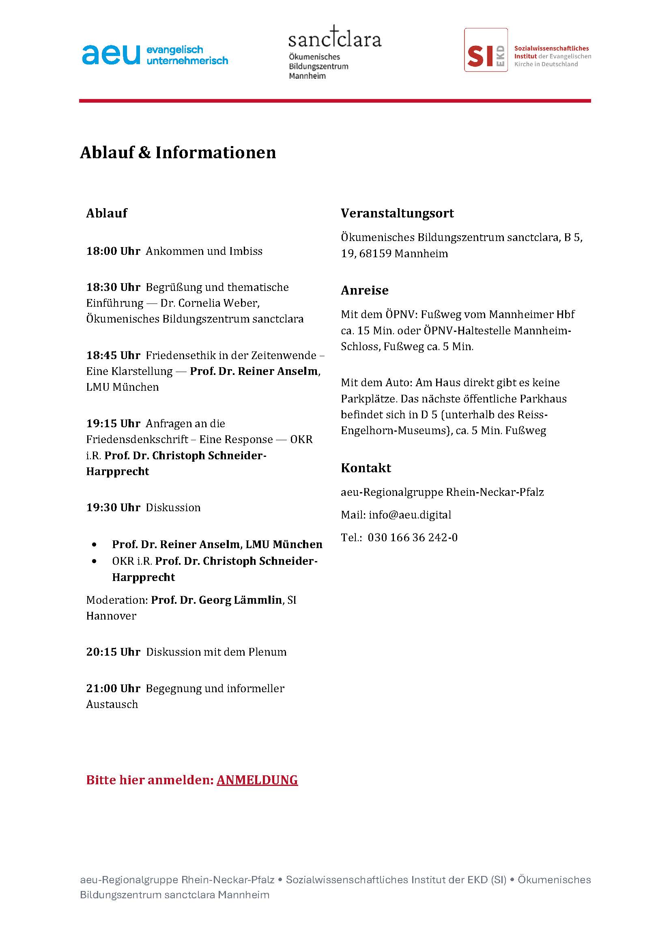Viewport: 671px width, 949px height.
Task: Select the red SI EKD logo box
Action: (486, 50)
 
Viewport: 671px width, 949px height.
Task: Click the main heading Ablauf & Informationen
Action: (178, 153)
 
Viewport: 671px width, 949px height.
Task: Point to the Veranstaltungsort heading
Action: (397, 213)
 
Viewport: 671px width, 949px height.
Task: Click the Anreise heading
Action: (364, 290)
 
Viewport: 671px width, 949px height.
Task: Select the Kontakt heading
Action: (366, 468)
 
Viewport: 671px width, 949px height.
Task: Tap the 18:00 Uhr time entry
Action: (113, 251)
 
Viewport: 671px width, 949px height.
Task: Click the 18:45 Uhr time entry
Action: (113, 355)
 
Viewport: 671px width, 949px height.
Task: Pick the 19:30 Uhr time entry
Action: (113, 508)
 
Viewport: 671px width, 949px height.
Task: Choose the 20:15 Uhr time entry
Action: (113, 652)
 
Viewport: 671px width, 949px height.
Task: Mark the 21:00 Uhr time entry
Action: (113, 689)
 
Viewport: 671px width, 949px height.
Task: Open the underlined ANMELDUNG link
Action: (257, 780)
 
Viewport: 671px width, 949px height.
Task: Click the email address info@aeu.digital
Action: (410, 515)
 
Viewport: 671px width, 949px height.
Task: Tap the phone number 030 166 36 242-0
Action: (412, 538)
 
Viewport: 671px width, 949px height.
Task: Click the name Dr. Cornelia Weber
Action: (209, 303)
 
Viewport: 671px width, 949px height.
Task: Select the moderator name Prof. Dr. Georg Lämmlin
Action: (217, 600)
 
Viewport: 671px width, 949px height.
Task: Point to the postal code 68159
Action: (375, 254)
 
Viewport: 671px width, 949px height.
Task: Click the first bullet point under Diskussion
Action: (95, 545)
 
